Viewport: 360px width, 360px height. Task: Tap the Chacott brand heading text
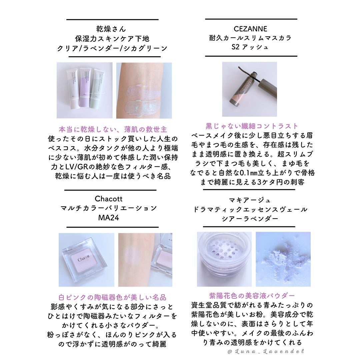[x=109, y=199]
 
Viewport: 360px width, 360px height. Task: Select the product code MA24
[x=109, y=217]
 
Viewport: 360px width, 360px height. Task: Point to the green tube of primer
[x=100, y=90]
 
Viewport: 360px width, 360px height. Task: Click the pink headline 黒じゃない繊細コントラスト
[x=252, y=126]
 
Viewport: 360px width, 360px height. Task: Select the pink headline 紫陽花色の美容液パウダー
[x=252, y=296]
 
